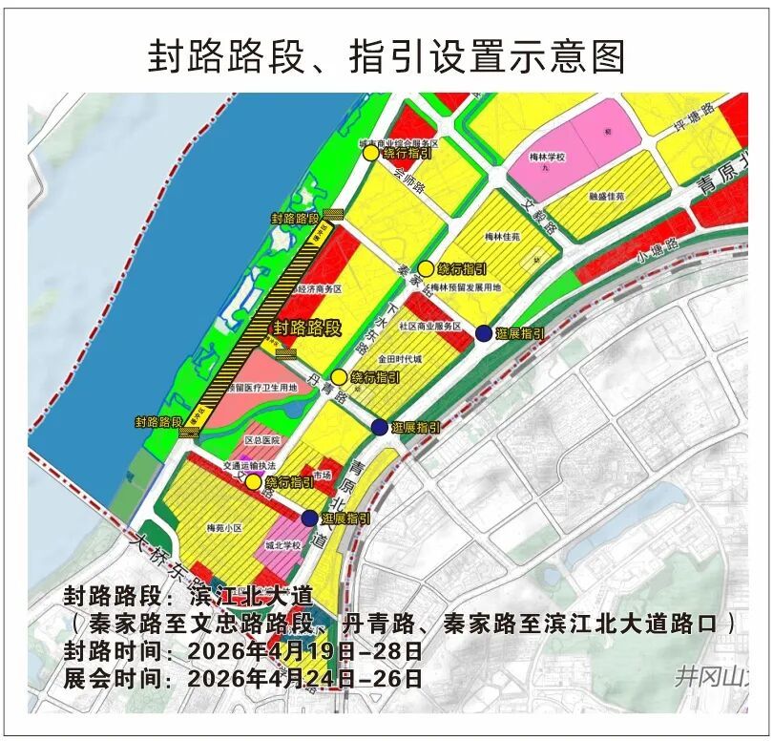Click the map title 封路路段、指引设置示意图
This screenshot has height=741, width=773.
[386, 56]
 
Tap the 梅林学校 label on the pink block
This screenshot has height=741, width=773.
[548, 156]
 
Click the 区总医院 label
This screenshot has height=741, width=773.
[262, 440]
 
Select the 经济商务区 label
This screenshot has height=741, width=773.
[320, 287]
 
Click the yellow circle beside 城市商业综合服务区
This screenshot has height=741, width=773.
[369, 152]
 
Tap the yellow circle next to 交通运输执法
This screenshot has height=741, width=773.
[253, 483]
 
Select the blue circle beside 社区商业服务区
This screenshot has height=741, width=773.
[483, 333]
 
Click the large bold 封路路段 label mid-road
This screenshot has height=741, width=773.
[307, 328]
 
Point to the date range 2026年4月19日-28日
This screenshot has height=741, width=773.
[305, 652]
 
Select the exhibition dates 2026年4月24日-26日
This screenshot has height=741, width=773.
[305, 679]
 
